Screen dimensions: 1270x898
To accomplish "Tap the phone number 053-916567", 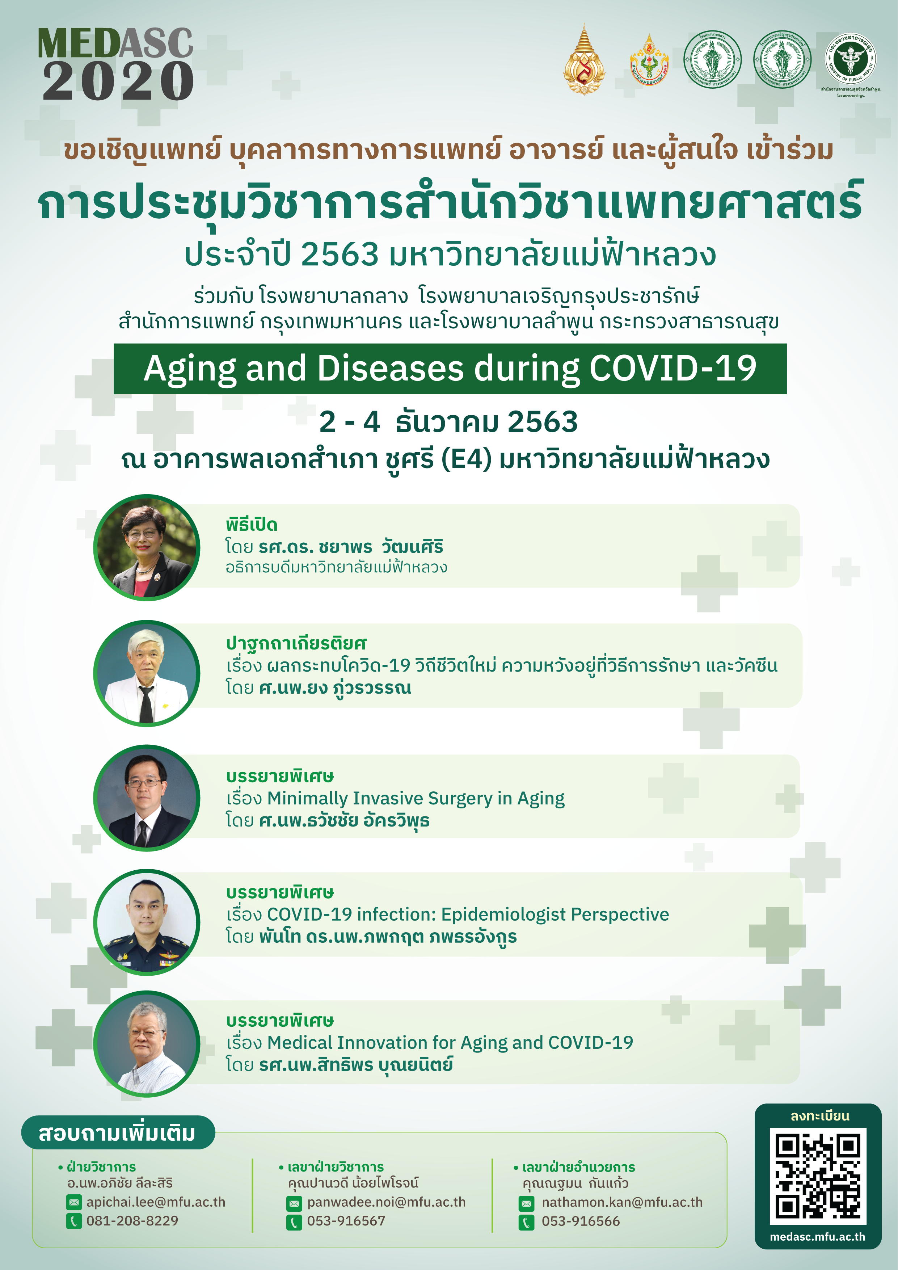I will (x=346, y=1221).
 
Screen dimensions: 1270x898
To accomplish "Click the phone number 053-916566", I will (x=581, y=1221).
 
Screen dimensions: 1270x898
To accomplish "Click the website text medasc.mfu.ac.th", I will (x=817, y=1237).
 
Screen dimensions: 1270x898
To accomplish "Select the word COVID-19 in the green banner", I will (x=673, y=369).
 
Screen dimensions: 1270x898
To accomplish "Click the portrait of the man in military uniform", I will (x=147, y=922).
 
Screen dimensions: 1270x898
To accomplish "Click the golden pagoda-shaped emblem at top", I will (x=583, y=60).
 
